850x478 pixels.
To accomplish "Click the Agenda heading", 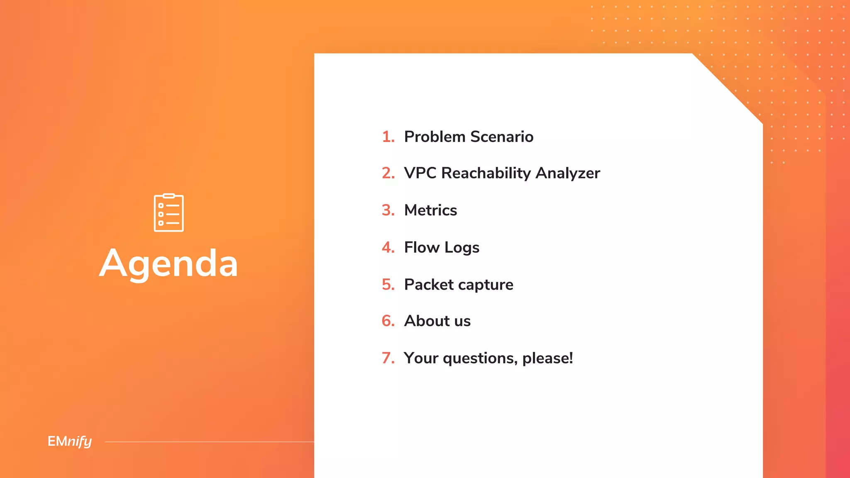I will pyautogui.click(x=169, y=264).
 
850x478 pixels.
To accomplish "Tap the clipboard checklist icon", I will pyautogui.click(x=169, y=213).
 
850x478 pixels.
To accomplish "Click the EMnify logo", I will pyautogui.click(x=70, y=441).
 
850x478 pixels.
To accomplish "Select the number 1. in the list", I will pyautogui.click(x=388, y=137).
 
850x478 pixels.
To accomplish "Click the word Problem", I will pyautogui.click(x=435, y=137).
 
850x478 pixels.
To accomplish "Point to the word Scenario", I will pyautogui.click(x=502, y=137).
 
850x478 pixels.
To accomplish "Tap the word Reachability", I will pyautogui.click(x=486, y=173).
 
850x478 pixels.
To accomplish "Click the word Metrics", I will pyautogui.click(x=430, y=210).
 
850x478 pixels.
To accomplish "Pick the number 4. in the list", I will pyautogui.click(x=388, y=247).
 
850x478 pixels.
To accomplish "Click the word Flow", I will pyautogui.click(x=422, y=247).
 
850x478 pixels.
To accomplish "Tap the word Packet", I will pyautogui.click(x=429, y=285).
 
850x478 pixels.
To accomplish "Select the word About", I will pyautogui.click(x=427, y=321).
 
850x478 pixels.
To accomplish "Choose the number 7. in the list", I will pyautogui.click(x=388, y=358).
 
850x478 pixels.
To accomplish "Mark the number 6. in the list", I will pyautogui.click(x=388, y=321).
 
